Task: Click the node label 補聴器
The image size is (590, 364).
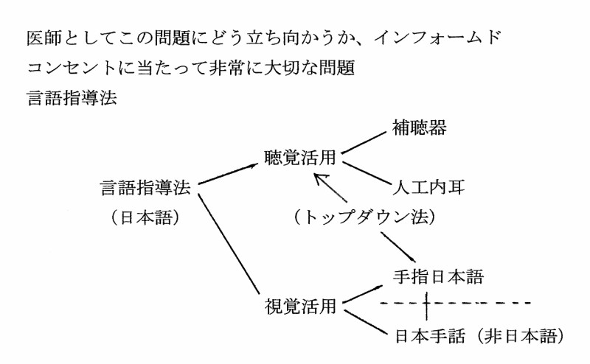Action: pos(420,129)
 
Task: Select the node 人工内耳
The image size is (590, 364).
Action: pos(429,186)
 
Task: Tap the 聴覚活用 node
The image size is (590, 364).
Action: pos(301,158)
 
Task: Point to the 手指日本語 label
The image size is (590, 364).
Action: pos(438,277)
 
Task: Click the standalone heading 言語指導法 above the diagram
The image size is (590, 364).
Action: pos(71,99)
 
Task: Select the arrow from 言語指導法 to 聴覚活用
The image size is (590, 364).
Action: pos(229,174)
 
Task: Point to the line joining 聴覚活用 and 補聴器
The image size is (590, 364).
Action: pos(365,141)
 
